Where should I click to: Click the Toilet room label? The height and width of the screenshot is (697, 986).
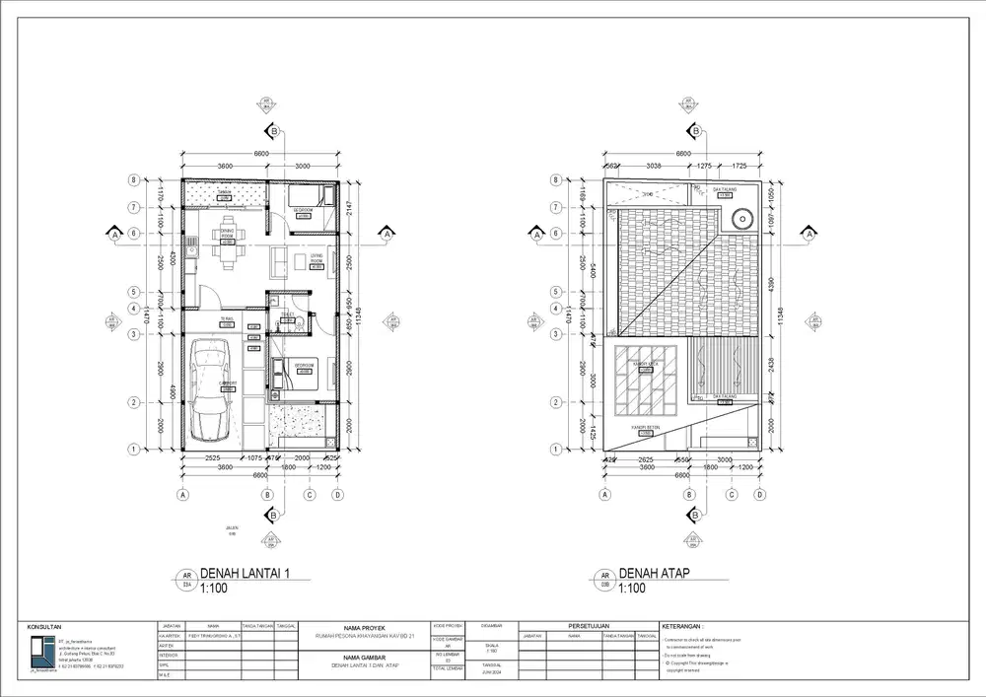point(289,314)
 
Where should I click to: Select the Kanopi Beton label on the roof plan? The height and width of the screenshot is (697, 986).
point(646,426)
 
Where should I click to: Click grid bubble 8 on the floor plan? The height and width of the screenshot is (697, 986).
point(131,180)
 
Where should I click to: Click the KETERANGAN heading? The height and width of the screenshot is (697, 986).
point(683,626)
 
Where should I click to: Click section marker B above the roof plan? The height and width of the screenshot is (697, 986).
point(696,131)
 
